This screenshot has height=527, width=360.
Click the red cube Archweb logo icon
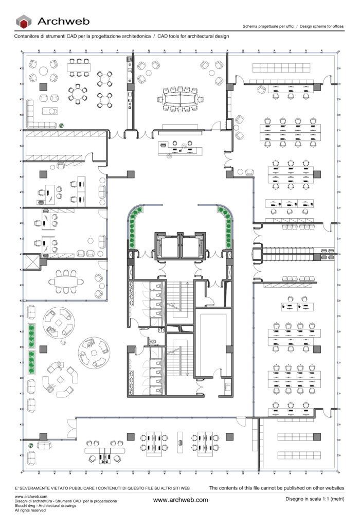pyautogui.click(x=24, y=22)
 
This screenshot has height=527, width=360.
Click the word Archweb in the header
pyautogui.click(x=63, y=21)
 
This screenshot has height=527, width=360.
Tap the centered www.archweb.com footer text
pyautogui.click(x=181, y=500)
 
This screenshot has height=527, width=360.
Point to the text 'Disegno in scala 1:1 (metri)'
pyautogui.click(x=315, y=499)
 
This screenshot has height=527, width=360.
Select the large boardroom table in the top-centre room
pyautogui.click(x=181, y=99)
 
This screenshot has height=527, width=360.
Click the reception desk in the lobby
pyautogui.click(x=181, y=151)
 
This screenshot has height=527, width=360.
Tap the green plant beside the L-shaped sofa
pyautogui.click(x=61, y=126)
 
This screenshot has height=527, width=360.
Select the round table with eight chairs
pyautogui.click(x=78, y=94)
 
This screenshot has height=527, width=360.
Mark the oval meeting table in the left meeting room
pyautogui.click(x=66, y=282)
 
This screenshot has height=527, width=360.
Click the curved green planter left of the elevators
pyautogui.click(x=133, y=226)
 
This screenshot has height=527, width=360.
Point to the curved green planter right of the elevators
pyautogui.click(x=227, y=226)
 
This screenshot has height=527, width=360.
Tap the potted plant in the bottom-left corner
pyautogui.click(x=30, y=445)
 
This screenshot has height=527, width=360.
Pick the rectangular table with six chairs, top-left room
pyautogui.click(x=79, y=67)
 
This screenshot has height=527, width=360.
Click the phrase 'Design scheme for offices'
pyautogui.click(x=322, y=26)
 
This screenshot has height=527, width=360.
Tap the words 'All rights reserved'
pyautogui.click(x=30, y=510)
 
